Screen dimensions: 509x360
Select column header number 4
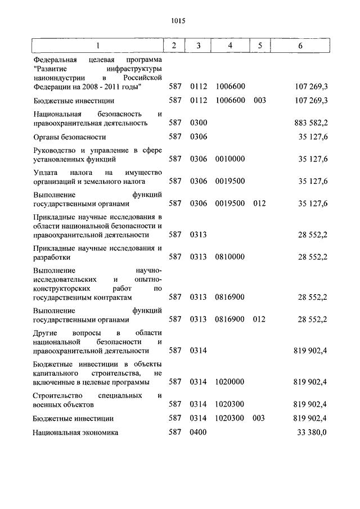230,46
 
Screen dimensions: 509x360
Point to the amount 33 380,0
313,433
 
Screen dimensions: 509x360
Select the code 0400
199,433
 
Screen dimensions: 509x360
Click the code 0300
199,122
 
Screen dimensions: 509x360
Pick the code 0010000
229,159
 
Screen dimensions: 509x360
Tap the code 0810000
229,256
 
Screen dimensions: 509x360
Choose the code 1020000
229,382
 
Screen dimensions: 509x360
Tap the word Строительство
58,395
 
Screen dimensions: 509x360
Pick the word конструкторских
62,288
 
